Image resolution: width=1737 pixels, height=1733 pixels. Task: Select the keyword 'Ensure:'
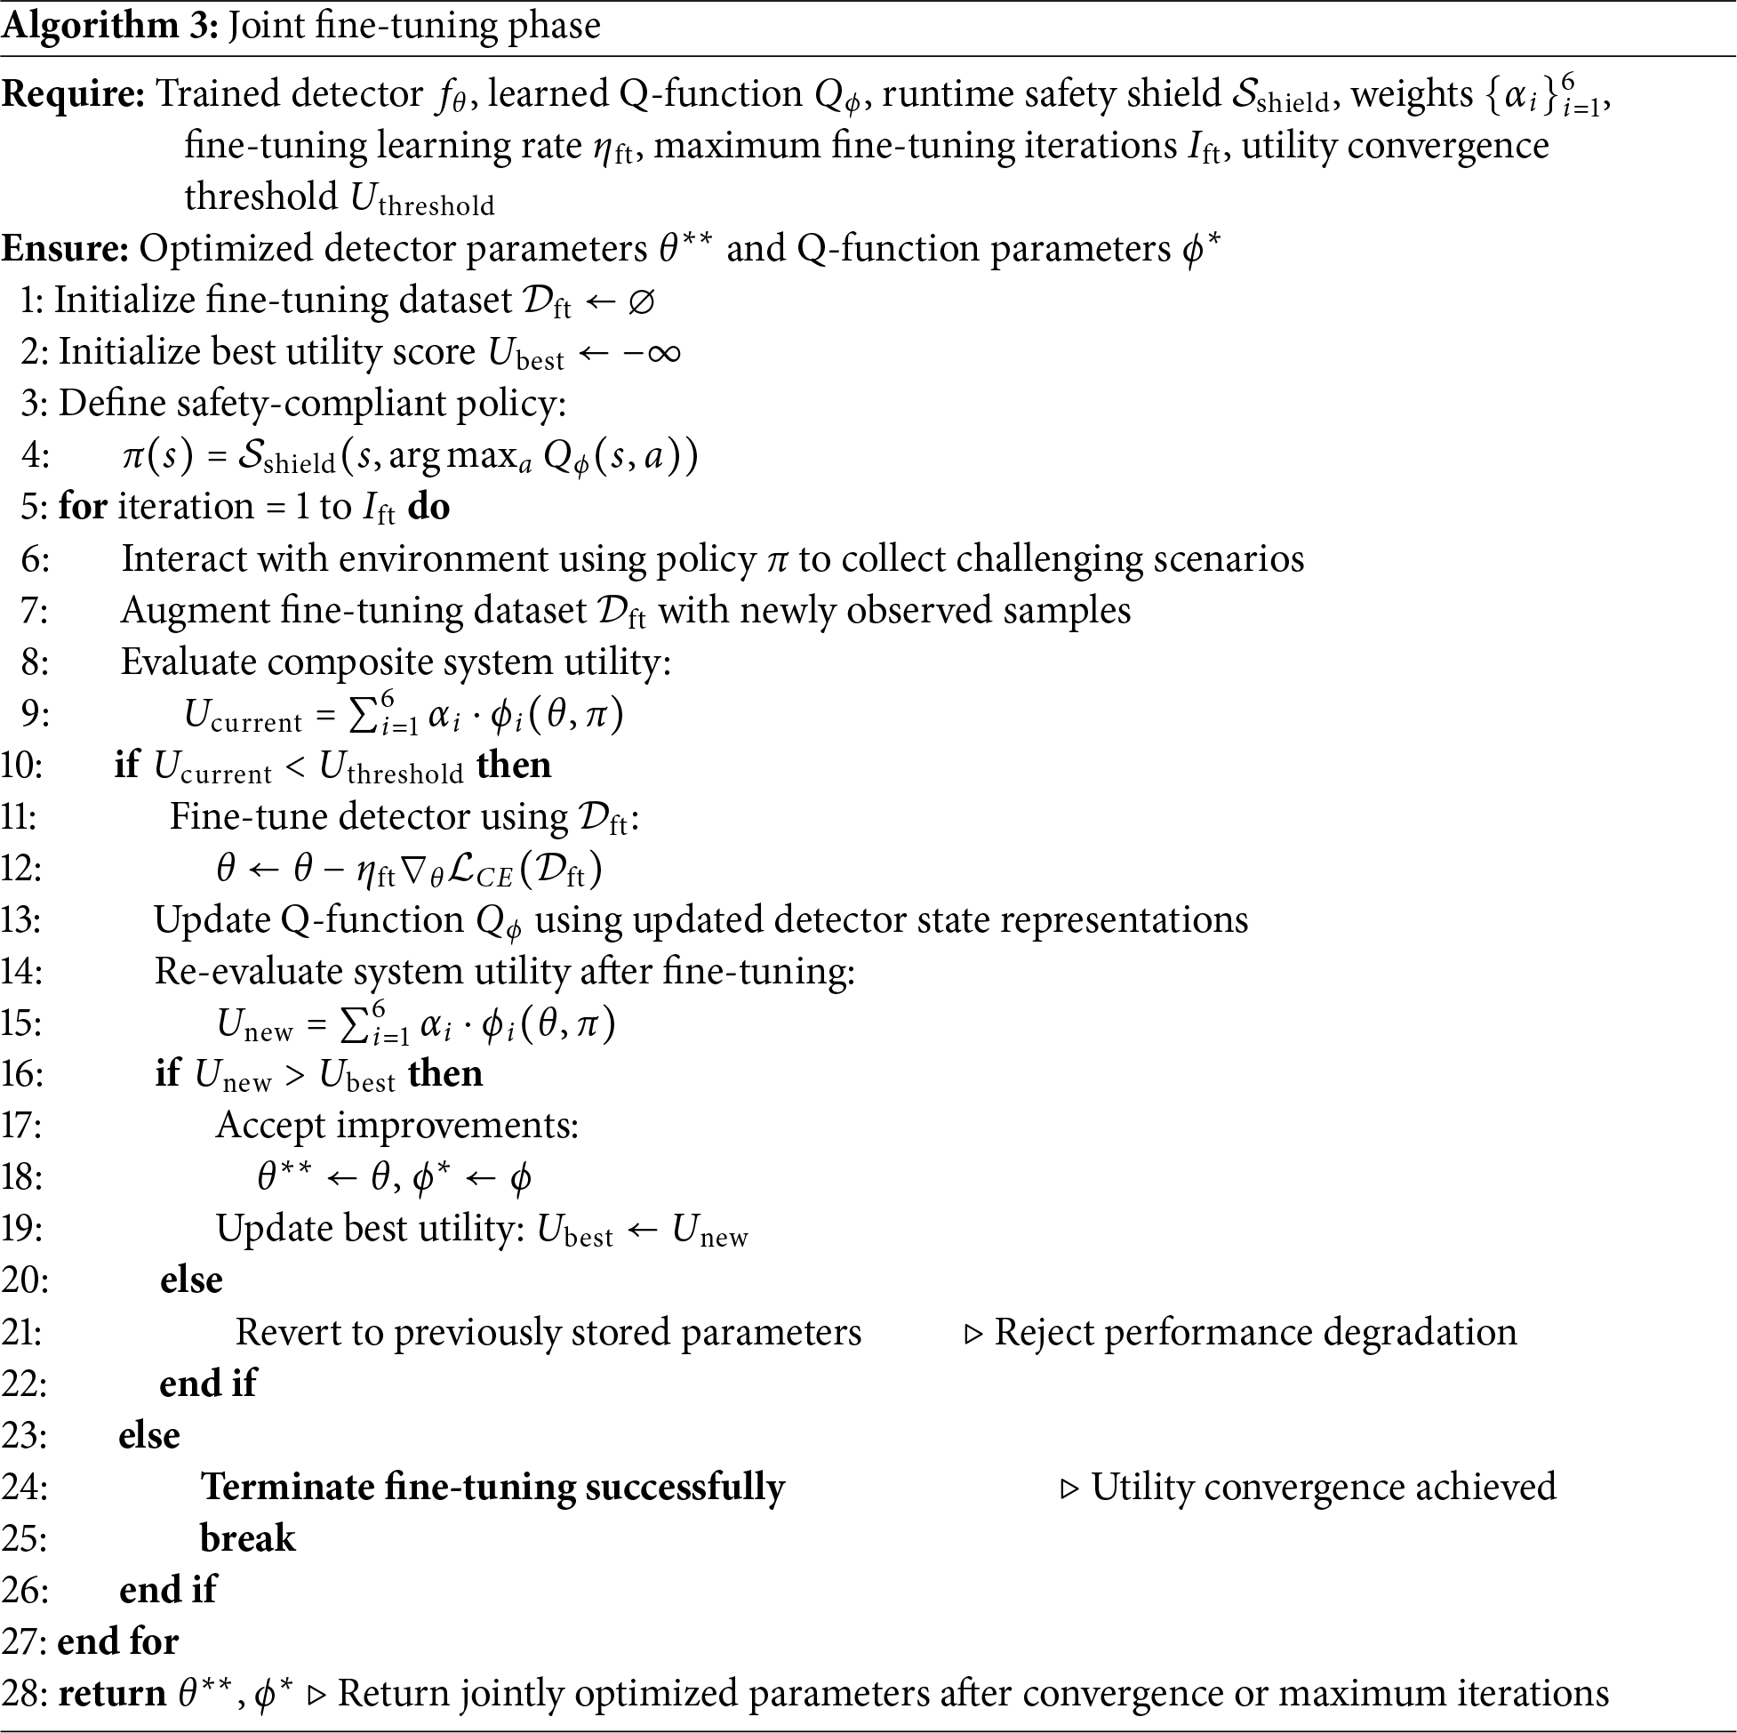pos(65,249)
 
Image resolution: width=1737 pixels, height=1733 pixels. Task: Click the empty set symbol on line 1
pos(641,301)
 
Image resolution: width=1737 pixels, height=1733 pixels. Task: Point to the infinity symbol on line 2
pos(663,352)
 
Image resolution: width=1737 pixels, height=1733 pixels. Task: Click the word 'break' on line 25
pos(247,1539)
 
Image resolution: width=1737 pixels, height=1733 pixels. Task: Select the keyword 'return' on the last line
pos(112,1693)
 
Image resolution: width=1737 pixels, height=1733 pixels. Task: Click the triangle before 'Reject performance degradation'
pos(973,1334)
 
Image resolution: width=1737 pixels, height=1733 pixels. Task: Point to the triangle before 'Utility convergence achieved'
pos(1070,1489)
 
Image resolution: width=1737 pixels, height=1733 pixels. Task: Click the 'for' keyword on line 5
pos(83,507)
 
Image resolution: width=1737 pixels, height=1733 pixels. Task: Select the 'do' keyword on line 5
pos(428,507)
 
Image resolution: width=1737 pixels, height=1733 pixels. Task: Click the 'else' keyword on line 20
pos(191,1280)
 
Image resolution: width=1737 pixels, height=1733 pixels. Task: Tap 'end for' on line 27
pos(117,1642)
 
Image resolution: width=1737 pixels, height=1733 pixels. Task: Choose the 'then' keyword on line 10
pos(514,766)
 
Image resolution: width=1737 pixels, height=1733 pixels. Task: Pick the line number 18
pos(22,1178)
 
